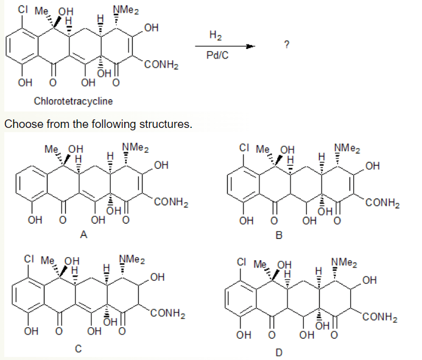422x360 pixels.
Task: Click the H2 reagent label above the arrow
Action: tap(216, 35)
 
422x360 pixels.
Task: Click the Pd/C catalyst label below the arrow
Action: tap(217, 55)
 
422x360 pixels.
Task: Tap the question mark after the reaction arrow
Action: tap(287, 44)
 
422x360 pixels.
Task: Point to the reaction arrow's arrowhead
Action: tap(250, 46)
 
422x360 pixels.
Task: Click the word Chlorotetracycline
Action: tap(73, 101)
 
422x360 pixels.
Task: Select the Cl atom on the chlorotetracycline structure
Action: tap(23, 9)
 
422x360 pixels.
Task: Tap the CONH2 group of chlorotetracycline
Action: tap(161, 65)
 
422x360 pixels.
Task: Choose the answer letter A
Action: tap(83, 235)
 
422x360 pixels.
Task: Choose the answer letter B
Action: tap(279, 235)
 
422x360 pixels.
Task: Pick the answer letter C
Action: tap(78, 348)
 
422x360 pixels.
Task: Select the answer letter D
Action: tap(279, 352)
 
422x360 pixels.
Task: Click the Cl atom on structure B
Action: tap(244, 147)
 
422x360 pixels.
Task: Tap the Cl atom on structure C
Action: tap(29, 259)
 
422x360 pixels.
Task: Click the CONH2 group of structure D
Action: tap(380, 317)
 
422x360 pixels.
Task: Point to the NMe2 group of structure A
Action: tap(136, 147)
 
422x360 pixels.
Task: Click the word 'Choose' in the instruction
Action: tap(24, 124)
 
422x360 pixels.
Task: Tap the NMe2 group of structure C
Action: tap(132, 259)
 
